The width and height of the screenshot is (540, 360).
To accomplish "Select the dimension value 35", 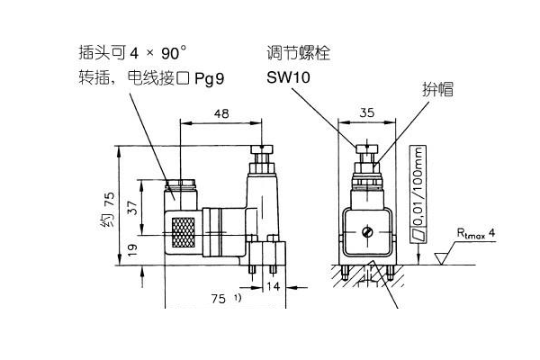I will tap(366, 114).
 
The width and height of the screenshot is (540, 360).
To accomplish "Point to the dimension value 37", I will tap(132, 209).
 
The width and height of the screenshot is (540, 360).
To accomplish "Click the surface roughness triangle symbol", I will tap(440, 259).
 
